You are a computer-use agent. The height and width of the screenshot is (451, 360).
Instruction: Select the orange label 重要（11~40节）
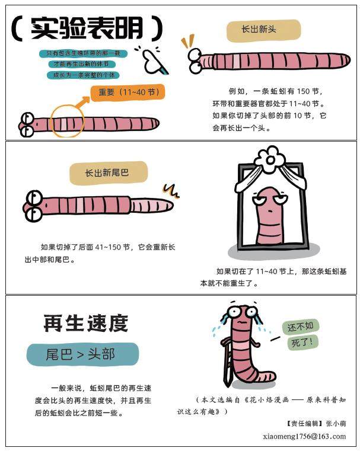128,92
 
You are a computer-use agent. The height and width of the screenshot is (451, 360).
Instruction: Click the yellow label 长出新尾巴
107,173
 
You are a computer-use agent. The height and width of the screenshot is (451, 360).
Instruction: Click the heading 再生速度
86,324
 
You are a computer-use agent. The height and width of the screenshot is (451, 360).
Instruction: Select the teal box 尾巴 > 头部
82,354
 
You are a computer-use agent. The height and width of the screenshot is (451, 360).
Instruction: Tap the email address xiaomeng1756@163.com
304,436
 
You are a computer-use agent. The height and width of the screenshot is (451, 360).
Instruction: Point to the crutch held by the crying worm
224,359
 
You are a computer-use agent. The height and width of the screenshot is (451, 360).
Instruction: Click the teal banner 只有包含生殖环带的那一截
79,53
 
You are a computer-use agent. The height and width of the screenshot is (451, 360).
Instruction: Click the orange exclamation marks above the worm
187,40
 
